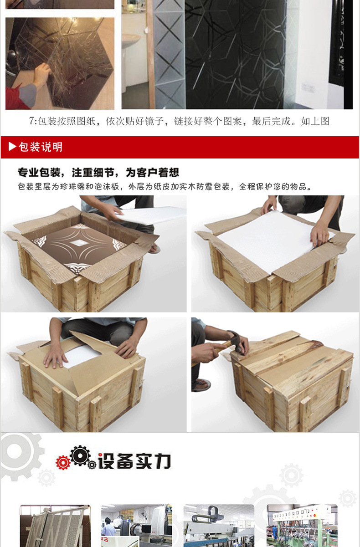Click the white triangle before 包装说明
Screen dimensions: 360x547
pyautogui.click(x=12, y=147)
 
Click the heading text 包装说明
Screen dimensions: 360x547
pyautogui.click(x=41, y=147)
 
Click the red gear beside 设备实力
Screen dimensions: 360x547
pyautogui.click(x=63, y=462)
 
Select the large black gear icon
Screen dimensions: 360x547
pyautogui.click(x=80, y=455)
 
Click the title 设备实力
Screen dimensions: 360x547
pyautogui.click(x=134, y=461)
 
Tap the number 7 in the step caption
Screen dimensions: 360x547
pyautogui.click(x=31, y=121)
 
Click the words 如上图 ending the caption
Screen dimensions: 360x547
pyautogui.click(x=315, y=121)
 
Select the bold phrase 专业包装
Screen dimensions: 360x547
pyautogui.click(x=39, y=173)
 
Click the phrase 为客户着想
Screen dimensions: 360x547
pyautogui.click(x=152, y=173)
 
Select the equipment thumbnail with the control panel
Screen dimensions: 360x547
pyautogui.click(x=302, y=525)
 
